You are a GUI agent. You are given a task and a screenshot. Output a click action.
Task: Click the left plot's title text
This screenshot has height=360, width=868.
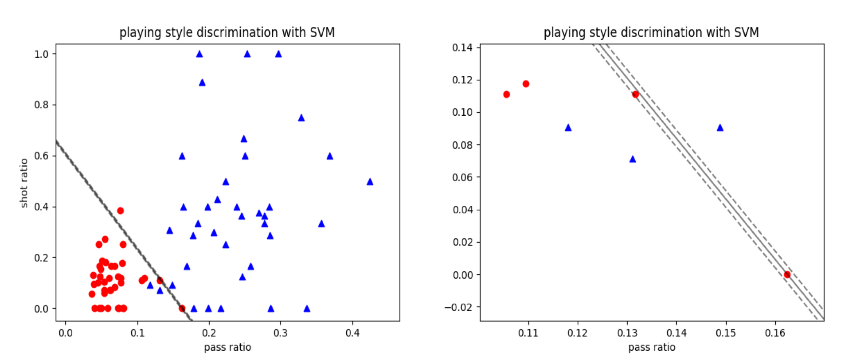click(227, 32)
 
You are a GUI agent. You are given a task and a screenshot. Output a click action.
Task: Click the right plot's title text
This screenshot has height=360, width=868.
click(651, 32)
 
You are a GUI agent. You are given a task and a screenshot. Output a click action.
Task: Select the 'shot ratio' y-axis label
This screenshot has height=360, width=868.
click(24, 183)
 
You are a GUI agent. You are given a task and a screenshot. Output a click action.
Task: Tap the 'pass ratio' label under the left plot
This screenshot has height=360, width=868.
click(227, 347)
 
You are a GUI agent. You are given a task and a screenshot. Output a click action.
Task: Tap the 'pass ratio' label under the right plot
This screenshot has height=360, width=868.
click(652, 347)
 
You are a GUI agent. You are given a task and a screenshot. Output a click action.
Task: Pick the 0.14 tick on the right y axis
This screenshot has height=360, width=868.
click(462, 47)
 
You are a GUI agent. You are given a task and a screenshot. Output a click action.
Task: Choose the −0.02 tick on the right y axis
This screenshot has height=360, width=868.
click(459, 307)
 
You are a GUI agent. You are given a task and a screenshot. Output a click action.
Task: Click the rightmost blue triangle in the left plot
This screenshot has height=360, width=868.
click(370, 182)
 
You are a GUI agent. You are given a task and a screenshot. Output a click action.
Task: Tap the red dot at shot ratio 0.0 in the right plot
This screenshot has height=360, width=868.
click(787, 274)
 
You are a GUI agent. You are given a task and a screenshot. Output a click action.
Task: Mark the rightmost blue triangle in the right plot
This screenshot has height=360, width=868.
click(720, 128)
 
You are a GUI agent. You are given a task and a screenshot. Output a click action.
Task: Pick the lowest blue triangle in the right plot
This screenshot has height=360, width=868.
click(633, 159)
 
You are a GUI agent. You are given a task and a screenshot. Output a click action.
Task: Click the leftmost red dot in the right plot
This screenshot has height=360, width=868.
click(506, 94)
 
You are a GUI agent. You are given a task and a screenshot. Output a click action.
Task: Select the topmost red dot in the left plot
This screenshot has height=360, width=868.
click(120, 211)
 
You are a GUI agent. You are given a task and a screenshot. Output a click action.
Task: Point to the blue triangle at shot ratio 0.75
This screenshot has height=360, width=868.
click(301, 118)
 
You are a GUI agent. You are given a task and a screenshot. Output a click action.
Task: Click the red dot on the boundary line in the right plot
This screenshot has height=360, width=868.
click(635, 94)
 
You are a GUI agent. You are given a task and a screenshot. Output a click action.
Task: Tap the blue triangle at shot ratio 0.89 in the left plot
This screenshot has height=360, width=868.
click(202, 82)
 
